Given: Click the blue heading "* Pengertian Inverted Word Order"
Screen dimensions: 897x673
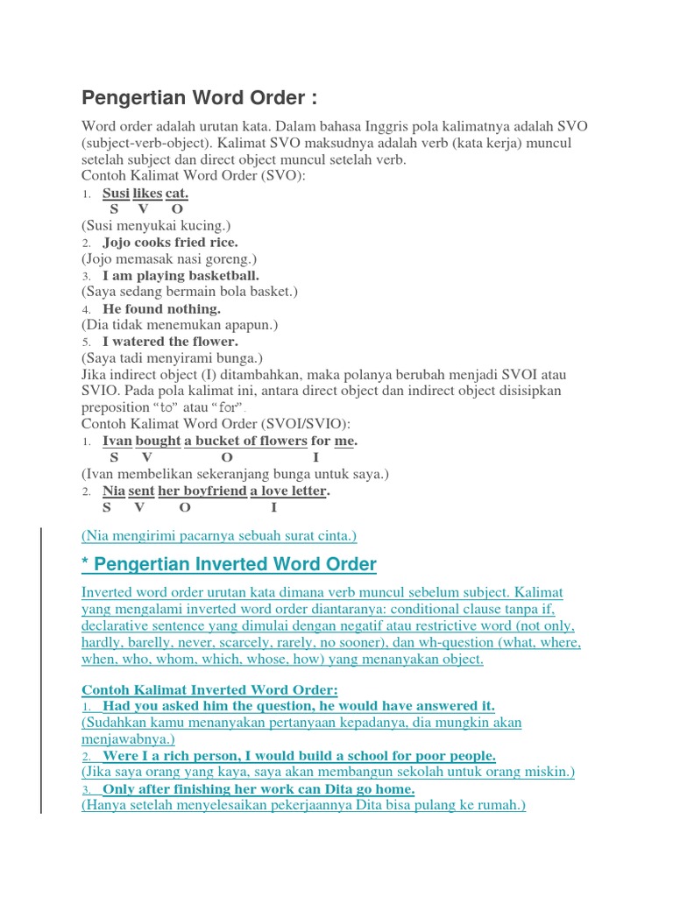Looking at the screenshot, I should pos(229,564).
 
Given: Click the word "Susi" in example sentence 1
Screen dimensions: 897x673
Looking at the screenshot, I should pos(116,193).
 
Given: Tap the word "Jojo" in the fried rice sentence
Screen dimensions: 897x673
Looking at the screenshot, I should pos(118,243).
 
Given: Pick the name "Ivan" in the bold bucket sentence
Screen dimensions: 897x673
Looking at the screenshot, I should pos(117,441).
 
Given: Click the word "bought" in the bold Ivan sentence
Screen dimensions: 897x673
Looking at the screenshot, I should pos(158,441).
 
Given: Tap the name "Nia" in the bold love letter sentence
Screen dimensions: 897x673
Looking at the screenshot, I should pos(114,491).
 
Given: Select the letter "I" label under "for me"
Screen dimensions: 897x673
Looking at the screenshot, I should pos(315,457).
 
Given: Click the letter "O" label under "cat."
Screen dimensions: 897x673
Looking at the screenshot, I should pos(177,209).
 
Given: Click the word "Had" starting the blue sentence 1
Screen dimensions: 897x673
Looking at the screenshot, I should pos(117,706).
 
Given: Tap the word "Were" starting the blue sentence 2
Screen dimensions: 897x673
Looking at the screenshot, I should pos(120,756).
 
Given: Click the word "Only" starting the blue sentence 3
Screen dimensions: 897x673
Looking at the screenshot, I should pos(121,789).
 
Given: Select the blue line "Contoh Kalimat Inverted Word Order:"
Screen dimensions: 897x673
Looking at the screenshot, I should pos(209,689).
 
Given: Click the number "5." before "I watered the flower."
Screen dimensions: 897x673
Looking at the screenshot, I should pos(87,343).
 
